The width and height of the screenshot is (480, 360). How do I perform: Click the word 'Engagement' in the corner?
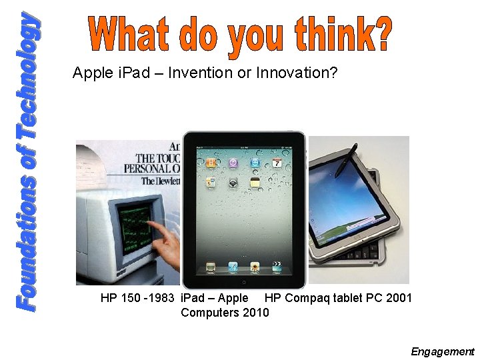442,351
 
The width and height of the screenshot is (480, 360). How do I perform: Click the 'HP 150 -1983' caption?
138,298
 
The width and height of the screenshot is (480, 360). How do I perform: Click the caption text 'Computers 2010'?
225,312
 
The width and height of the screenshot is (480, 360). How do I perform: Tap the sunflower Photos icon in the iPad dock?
254,267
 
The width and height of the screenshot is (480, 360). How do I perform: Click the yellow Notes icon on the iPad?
255,182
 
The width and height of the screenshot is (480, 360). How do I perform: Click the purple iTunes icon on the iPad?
233,162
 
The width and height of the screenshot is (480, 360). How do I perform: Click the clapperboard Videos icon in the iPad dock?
233,267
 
